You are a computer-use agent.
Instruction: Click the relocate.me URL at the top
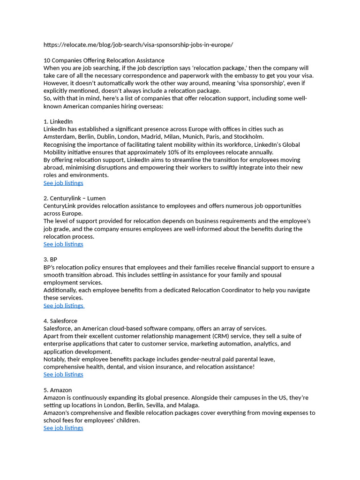point(138,45)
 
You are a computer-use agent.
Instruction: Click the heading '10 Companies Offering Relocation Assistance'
point(104,60)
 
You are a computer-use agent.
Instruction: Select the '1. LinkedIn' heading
point(58,121)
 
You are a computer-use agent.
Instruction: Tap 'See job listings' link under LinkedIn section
point(63,183)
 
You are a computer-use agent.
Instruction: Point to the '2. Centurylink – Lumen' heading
point(75,198)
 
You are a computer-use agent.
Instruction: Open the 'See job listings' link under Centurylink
point(63,244)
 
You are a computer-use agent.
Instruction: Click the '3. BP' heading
point(50,260)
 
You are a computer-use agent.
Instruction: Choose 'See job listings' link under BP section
point(63,306)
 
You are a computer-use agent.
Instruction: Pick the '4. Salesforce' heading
point(60,321)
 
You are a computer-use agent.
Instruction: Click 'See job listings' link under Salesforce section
point(63,375)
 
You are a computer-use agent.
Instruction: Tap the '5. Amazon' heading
point(58,390)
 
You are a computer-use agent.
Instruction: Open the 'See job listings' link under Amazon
point(63,428)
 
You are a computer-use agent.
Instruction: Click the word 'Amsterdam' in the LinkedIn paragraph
point(59,137)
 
